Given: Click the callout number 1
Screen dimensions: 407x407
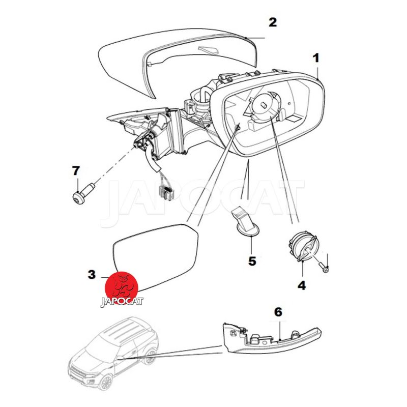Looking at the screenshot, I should coord(316,58).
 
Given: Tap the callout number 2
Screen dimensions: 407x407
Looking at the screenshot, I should coord(273,22).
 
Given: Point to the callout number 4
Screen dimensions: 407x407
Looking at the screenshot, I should coord(302,286).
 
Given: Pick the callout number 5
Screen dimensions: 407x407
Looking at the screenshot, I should coord(252,261).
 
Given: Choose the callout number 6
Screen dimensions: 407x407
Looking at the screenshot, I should coord(278,312).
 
